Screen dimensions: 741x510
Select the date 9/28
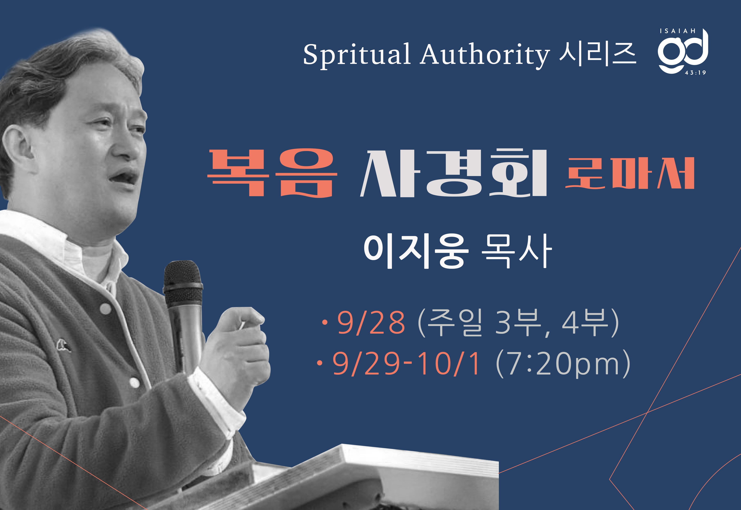click(371, 323)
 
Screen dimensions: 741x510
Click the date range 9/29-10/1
click(406, 363)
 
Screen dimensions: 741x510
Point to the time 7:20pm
click(563, 364)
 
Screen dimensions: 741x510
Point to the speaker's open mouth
click(125, 177)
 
